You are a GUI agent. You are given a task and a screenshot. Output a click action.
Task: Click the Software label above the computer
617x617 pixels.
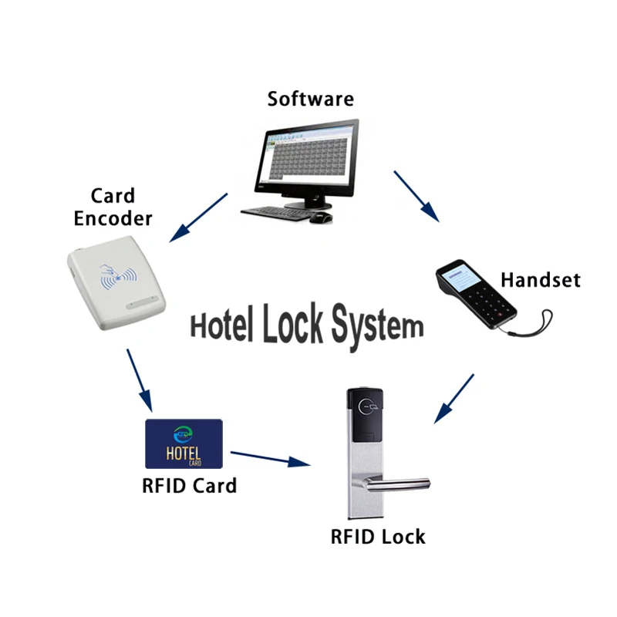click(x=311, y=99)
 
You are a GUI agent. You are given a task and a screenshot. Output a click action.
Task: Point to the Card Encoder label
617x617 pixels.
click(x=113, y=207)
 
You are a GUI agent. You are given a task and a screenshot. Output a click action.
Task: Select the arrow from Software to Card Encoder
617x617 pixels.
click(x=199, y=216)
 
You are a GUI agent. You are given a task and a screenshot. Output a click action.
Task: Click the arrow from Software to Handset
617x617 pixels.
click(x=416, y=197)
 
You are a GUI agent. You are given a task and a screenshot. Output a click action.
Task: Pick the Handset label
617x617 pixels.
click(x=540, y=280)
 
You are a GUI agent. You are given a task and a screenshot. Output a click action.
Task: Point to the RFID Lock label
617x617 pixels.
click(x=378, y=536)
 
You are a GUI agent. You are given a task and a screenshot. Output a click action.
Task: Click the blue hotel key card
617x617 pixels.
click(x=184, y=443)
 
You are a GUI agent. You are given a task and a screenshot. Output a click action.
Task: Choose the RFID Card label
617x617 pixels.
click(x=189, y=486)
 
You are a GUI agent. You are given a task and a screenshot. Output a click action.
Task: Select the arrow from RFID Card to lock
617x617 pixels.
click(x=270, y=458)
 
